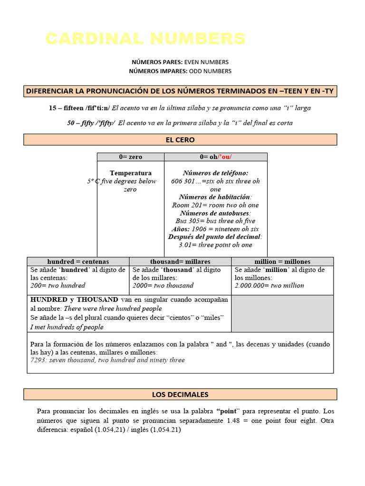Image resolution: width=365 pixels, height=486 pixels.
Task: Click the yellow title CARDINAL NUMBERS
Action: (145, 39)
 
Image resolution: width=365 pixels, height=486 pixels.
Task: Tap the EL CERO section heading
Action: (180, 140)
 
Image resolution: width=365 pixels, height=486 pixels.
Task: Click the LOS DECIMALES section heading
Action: (180, 394)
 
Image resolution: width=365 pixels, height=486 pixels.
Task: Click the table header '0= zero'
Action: (131, 157)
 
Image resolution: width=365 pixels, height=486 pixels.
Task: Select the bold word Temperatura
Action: (131, 173)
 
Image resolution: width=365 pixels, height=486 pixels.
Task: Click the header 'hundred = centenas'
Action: (78, 262)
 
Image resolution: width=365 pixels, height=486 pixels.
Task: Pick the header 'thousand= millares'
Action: (180, 262)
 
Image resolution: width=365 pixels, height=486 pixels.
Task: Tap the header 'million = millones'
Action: (282, 262)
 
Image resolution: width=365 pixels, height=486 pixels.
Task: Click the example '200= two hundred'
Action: (58, 286)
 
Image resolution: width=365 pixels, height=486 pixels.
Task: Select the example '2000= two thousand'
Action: (163, 286)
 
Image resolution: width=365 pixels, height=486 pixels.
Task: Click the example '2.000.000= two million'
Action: (269, 286)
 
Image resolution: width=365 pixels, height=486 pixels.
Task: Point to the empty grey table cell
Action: (282, 313)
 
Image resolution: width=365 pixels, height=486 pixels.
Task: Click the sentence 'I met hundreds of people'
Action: (67, 327)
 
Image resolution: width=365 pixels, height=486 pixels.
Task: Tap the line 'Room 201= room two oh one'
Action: (215, 206)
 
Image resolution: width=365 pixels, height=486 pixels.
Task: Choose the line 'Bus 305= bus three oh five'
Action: (215, 221)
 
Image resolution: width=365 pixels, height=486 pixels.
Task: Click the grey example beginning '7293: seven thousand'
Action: (107, 360)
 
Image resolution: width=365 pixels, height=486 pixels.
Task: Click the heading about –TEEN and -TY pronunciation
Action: (180, 91)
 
